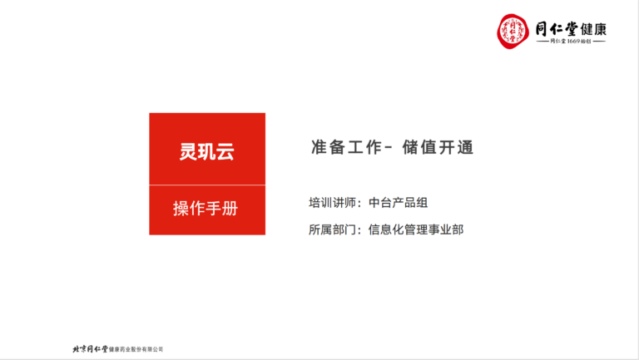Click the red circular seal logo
(513, 31)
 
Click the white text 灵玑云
(207, 151)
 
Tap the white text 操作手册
(206, 208)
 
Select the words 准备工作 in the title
(346, 147)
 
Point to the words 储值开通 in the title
(438, 147)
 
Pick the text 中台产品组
(399, 202)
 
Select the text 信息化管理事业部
(416, 229)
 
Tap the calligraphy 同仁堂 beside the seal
(557, 29)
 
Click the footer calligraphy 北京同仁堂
(90, 349)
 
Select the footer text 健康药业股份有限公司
(136, 349)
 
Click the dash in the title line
(388, 147)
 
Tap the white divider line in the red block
(207, 185)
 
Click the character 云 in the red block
(225, 151)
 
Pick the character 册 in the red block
(230, 208)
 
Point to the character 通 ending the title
(465, 147)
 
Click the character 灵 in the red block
(189, 151)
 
